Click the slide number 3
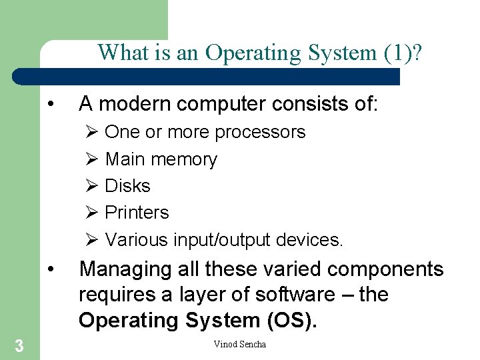(19, 345)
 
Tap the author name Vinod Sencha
(239, 344)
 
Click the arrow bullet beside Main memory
(93, 159)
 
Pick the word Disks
(128, 186)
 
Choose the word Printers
(137, 213)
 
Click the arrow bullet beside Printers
(93, 213)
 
